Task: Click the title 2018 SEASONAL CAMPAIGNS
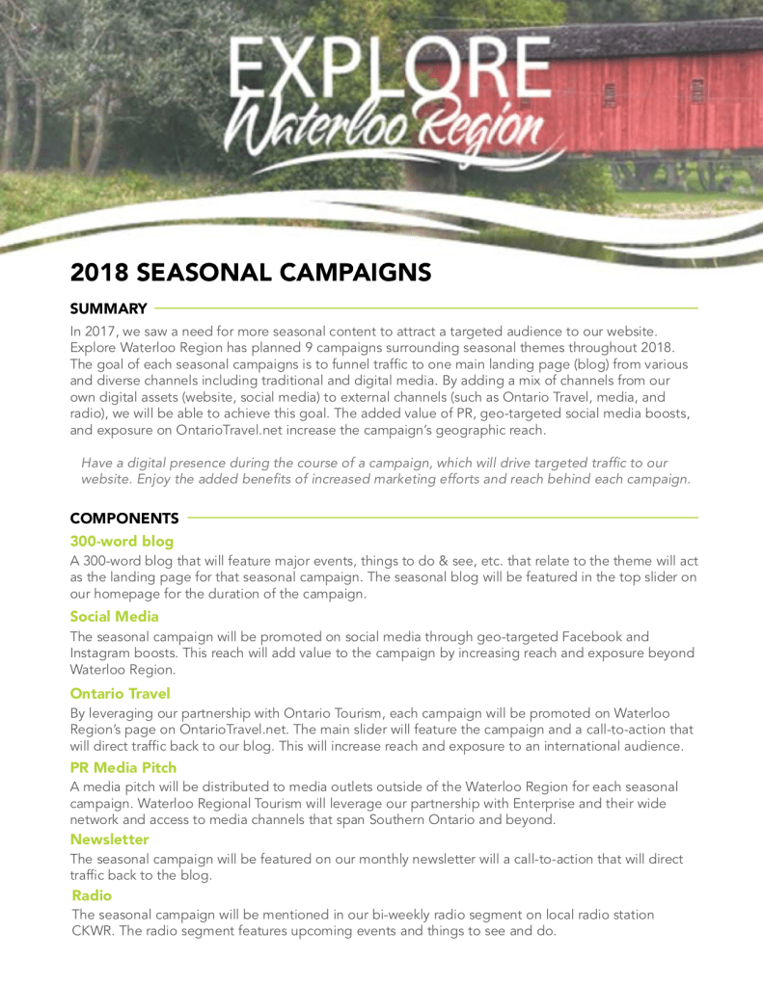tap(250, 273)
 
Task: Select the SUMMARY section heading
tap(108, 308)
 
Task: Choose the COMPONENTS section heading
tap(124, 519)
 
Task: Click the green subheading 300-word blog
tap(122, 541)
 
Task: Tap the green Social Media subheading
tap(114, 616)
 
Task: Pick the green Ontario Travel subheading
tap(120, 692)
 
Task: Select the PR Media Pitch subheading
tap(123, 767)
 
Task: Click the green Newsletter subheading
tap(109, 839)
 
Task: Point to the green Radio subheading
tap(92, 895)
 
